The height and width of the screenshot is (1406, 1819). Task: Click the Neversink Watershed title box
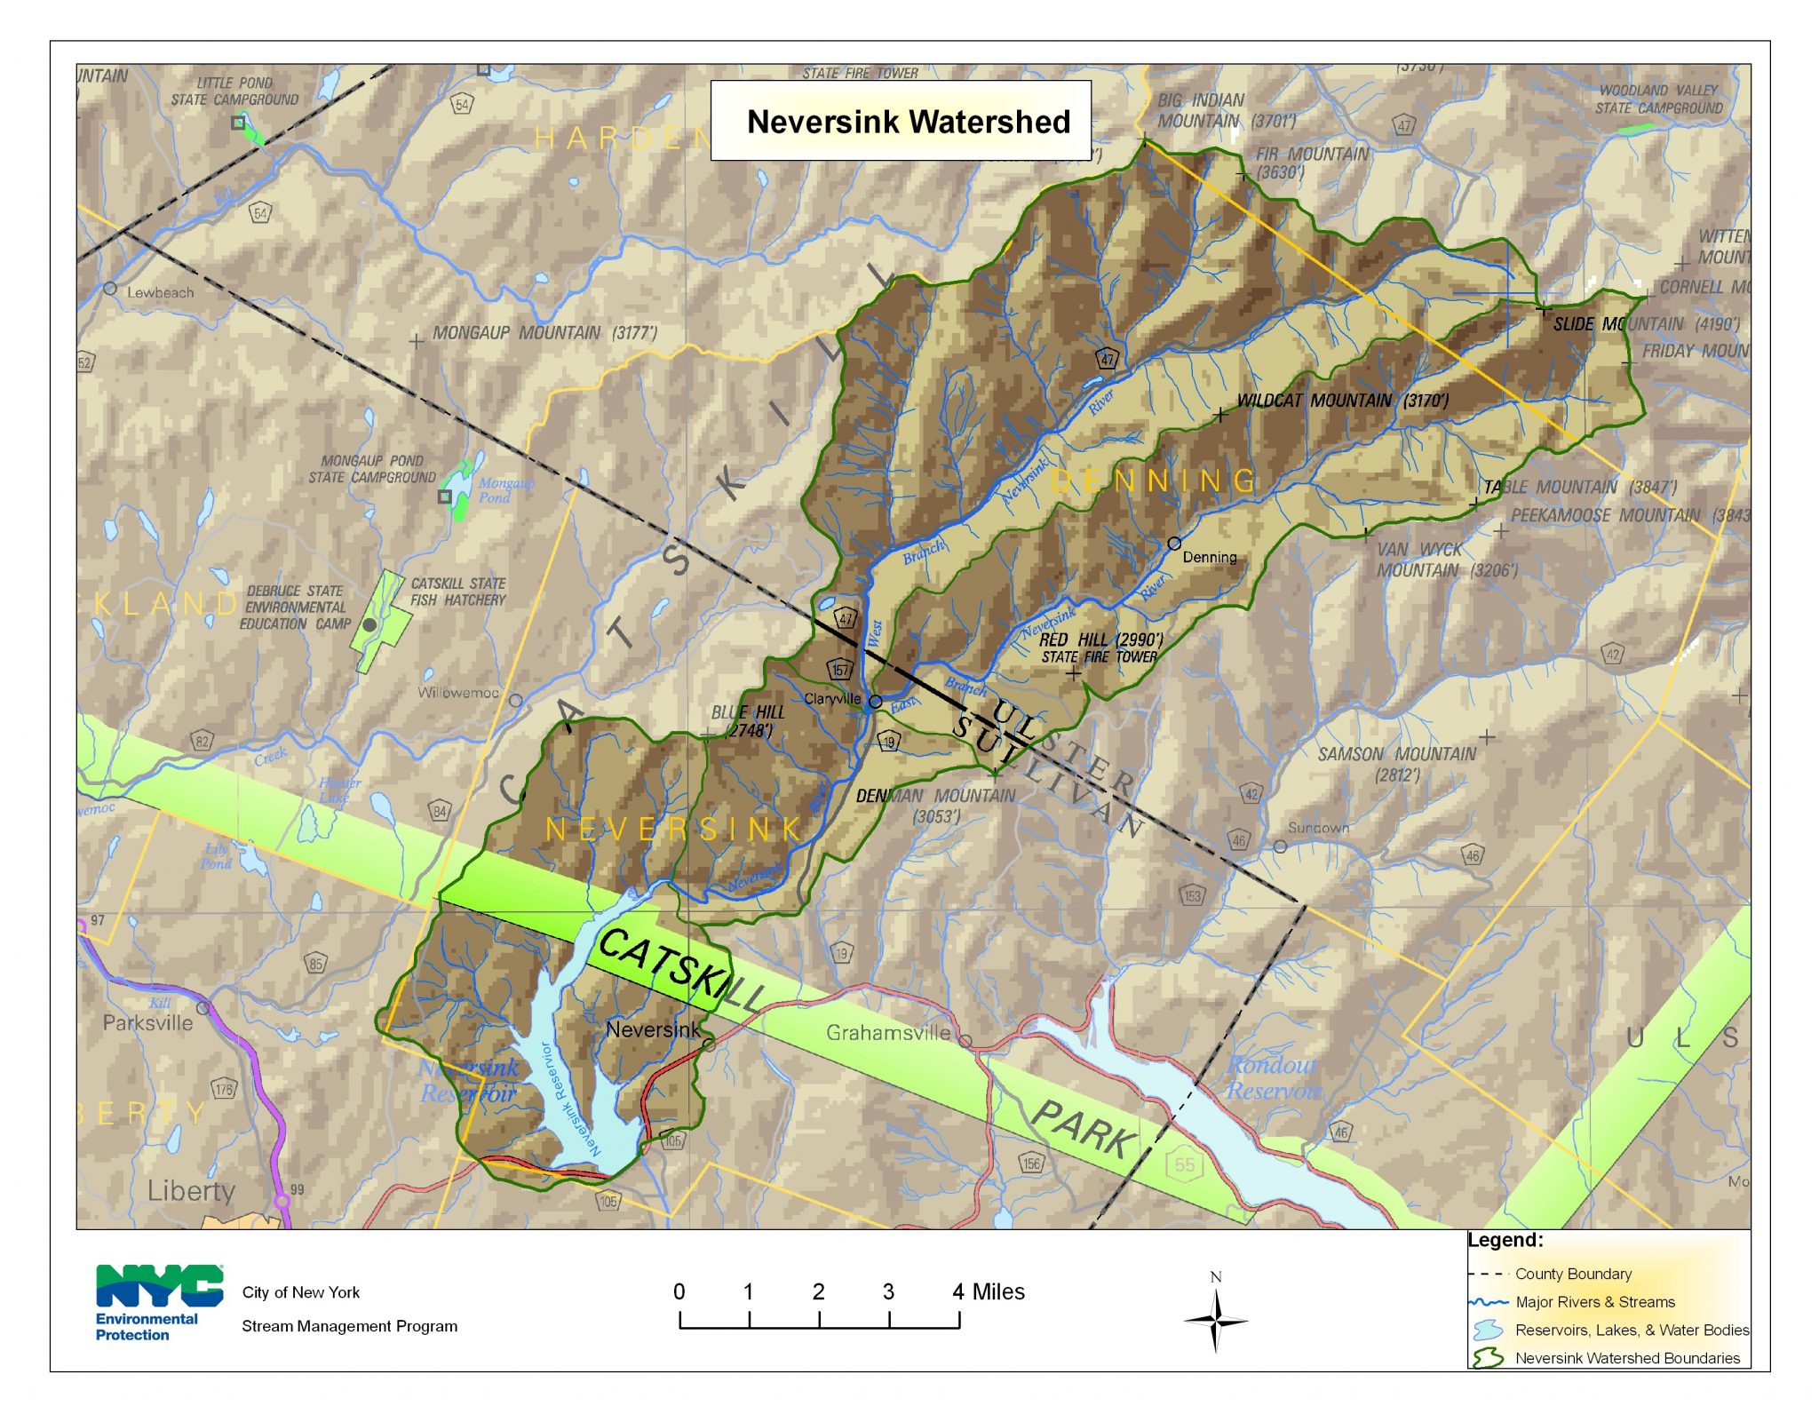click(901, 121)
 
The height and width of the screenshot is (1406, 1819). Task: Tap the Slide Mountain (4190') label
click(1645, 324)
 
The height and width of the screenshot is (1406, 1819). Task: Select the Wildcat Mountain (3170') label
click(1342, 401)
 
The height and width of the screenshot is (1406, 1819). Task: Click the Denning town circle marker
click(1173, 543)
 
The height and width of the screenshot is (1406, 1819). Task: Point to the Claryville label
click(831, 699)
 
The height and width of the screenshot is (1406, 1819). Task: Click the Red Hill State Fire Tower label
click(1100, 648)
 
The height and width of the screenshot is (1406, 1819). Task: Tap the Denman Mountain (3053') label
click(934, 805)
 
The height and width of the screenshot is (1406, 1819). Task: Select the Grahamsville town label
click(887, 1032)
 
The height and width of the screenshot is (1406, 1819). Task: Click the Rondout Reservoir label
click(1272, 1077)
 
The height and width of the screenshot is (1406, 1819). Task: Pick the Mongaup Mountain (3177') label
click(544, 333)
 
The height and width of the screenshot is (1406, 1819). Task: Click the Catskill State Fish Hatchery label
click(457, 592)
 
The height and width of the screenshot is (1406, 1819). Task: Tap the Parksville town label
click(147, 1022)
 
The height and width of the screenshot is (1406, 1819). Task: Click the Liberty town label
click(191, 1190)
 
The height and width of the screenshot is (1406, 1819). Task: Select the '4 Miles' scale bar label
click(988, 1291)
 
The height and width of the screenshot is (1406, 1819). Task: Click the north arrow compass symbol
click(1215, 1320)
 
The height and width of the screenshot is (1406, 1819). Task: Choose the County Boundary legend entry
click(1572, 1274)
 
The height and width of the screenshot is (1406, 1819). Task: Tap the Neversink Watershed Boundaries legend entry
click(1626, 1358)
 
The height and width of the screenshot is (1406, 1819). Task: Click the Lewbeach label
click(159, 292)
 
